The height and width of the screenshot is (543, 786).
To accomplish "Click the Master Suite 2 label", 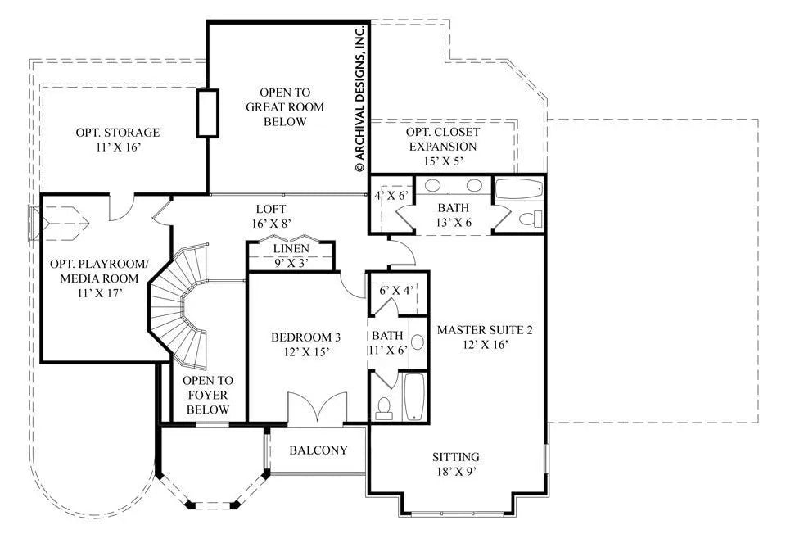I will pyautogui.click(x=485, y=337).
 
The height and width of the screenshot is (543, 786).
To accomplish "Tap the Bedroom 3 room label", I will pyautogui.click(x=305, y=344).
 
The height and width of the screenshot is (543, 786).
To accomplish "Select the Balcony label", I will pyautogui.click(x=318, y=450).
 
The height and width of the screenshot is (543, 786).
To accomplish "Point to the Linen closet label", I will pyautogui.click(x=291, y=256).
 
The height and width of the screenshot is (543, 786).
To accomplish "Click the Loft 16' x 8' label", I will pyautogui.click(x=270, y=215).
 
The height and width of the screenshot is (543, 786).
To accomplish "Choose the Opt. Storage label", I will pyautogui.click(x=117, y=140).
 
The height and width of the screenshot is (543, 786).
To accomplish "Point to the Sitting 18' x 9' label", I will pyautogui.click(x=457, y=464).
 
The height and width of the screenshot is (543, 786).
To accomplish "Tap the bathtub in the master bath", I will pyautogui.click(x=518, y=189).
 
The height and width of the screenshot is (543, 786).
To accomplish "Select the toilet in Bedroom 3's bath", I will pyautogui.click(x=384, y=407).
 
